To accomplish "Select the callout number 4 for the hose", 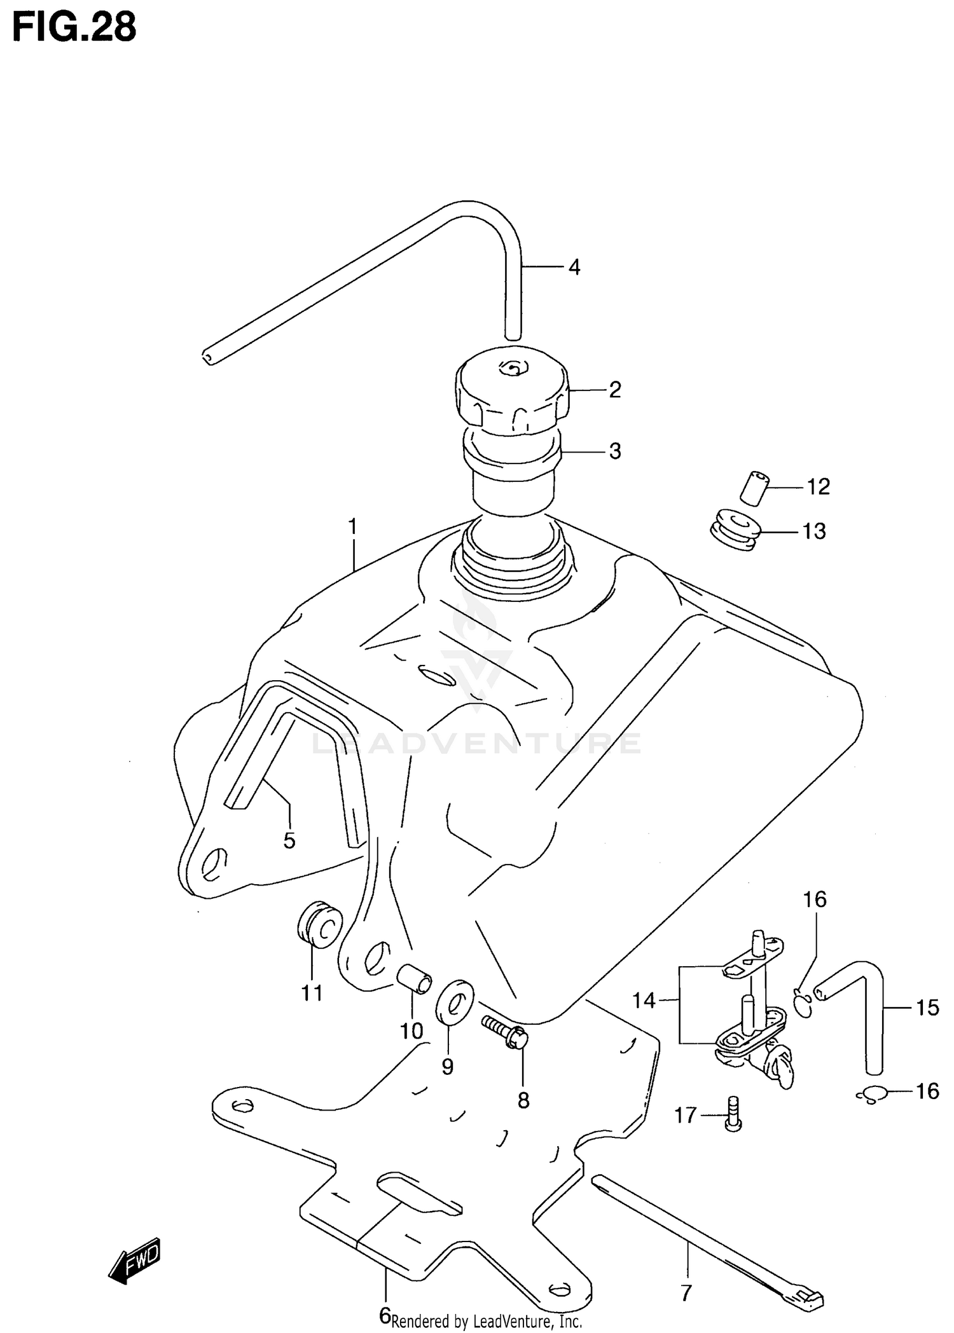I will click(x=574, y=268).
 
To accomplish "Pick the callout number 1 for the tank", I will click(x=352, y=527).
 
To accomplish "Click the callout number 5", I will click(x=289, y=841).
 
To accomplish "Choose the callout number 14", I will click(x=644, y=1001).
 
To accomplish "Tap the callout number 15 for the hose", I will click(x=927, y=1008).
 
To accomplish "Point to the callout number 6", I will click(x=384, y=1316).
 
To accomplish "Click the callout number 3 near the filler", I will click(x=614, y=451).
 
